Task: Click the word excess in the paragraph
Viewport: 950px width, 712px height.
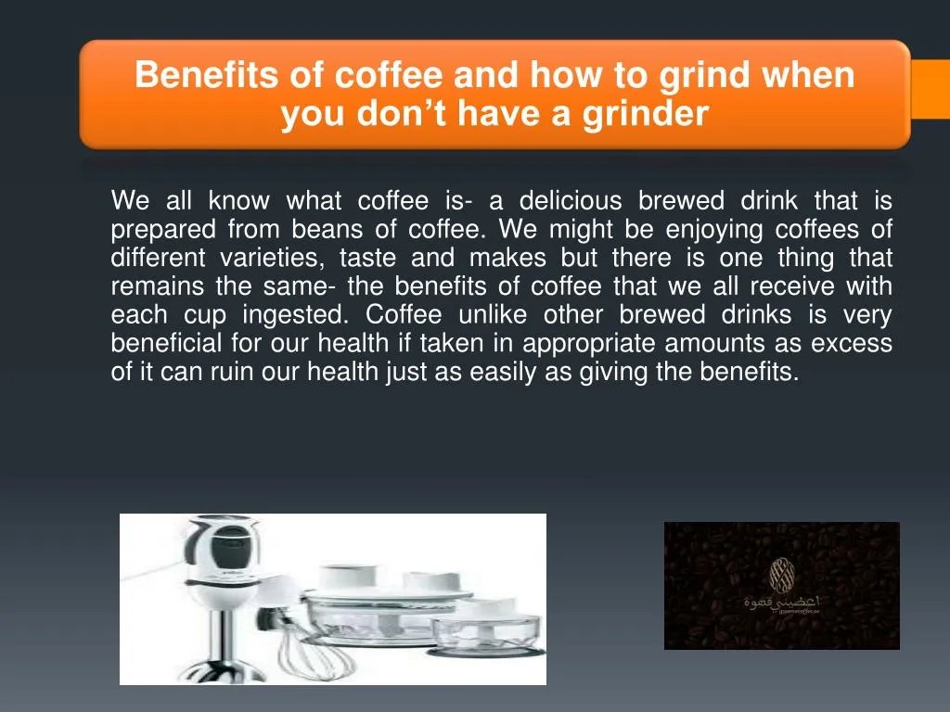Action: click(x=852, y=344)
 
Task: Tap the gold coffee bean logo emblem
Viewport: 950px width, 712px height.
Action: click(x=781, y=574)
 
